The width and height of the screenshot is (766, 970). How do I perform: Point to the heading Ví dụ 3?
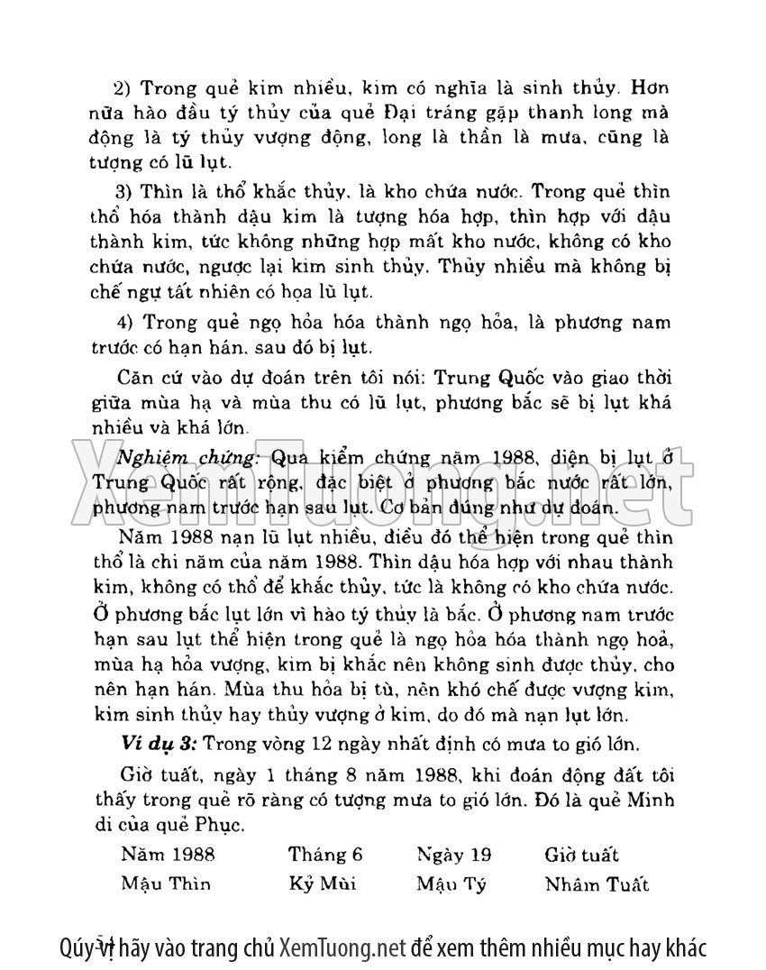coord(158,745)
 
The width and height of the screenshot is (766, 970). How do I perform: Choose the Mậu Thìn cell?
coord(166,883)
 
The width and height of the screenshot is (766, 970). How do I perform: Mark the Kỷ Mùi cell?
coord(322,883)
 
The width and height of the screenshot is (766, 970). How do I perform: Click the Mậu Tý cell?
coord(451,883)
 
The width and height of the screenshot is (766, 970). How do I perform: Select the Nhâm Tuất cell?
coord(597,883)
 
